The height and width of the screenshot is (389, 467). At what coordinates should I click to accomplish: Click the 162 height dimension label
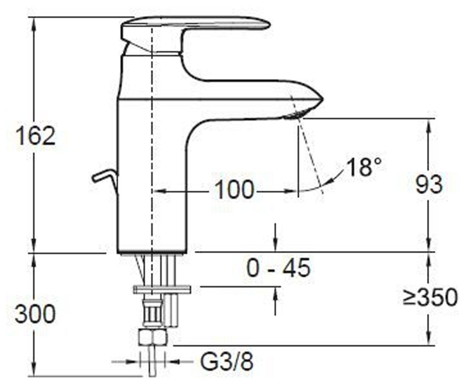click(x=36, y=136)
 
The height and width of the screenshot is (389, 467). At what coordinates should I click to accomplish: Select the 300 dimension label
click(x=35, y=314)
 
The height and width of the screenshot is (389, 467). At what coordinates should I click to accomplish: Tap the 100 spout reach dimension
click(x=234, y=190)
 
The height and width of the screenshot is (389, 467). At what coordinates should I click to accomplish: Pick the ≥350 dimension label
click(x=430, y=298)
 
